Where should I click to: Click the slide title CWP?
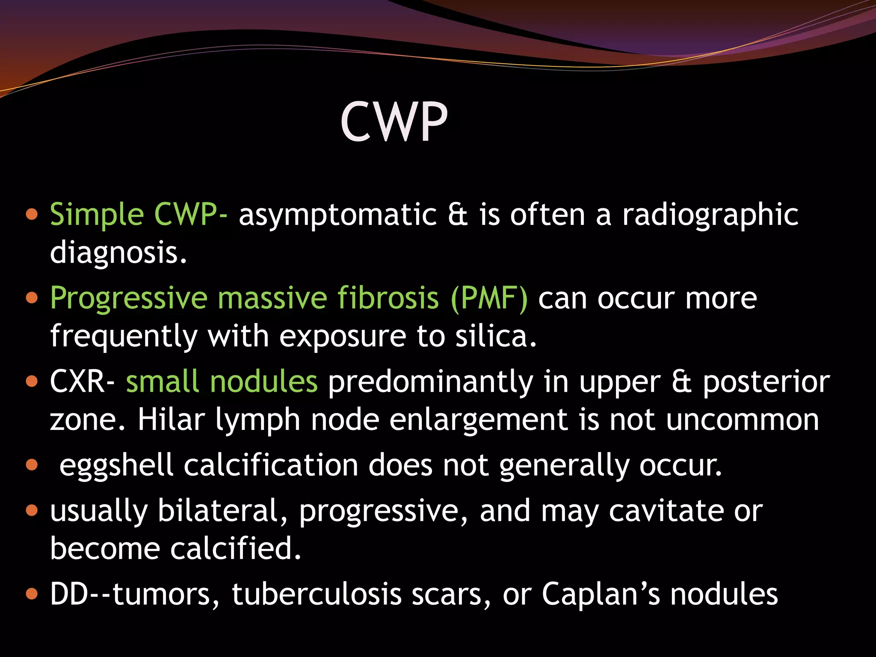[394, 122]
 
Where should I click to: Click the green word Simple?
[97, 215]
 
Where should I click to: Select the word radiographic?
[710, 215]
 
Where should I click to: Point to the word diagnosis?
[118, 252]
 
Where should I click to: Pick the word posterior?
[766, 381]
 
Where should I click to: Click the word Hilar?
[171, 419]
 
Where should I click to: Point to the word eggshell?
[116, 465]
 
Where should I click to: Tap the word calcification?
[271, 465]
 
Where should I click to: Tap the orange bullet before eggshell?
[32, 465]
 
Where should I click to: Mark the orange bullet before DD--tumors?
[32, 594]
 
